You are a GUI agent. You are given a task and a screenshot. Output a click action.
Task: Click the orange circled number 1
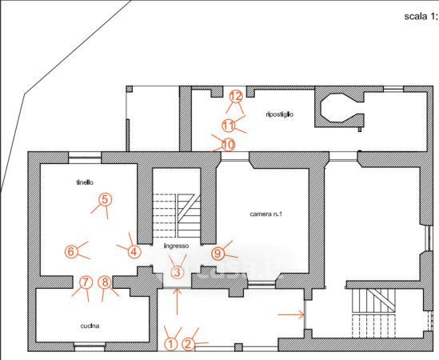pyautogui.click(x=170, y=344)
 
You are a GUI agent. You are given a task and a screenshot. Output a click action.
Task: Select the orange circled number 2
pyautogui.click(x=189, y=344)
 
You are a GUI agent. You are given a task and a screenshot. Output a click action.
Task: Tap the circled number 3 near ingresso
pyautogui.click(x=177, y=272)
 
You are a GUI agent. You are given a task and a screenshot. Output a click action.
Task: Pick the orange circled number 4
pyautogui.click(x=134, y=252)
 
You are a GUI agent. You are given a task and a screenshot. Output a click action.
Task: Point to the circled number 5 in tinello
pyautogui.click(x=105, y=199)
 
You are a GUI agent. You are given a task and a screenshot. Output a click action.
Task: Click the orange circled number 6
pyautogui.click(x=71, y=251)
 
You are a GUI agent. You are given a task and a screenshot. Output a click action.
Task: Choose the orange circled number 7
pyautogui.click(x=86, y=282)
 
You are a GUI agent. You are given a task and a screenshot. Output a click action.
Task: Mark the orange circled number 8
pyautogui.click(x=105, y=282)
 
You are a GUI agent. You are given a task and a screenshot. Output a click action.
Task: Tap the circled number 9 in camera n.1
pyautogui.click(x=218, y=254)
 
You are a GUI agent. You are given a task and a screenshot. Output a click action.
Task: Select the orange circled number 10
pyautogui.click(x=229, y=145)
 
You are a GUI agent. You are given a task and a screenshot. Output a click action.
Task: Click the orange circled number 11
pyautogui.click(x=229, y=126)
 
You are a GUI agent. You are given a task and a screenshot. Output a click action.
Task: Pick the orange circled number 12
pyautogui.click(x=236, y=97)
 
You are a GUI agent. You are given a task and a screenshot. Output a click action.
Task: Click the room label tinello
pyautogui.click(x=85, y=182)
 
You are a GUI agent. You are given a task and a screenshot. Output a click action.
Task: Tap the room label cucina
pyautogui.click(x=90, y=326)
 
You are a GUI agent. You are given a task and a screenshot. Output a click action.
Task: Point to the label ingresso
pyautogui.click(x=176, y=246)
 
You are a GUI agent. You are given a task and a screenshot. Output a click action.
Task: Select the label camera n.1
pyautogui.click(x=266, y=214)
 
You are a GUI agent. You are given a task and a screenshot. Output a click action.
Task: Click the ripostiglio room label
pyautogui.click(x=280, y=114)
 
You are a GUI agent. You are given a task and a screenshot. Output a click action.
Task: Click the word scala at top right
pyautogui.click(x=416, y=16)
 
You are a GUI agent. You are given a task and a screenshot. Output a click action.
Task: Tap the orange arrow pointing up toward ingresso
pyautogui.click(x=178, y=301)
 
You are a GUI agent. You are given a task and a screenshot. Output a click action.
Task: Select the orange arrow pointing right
pyautogui.click(x=291, y=314)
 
